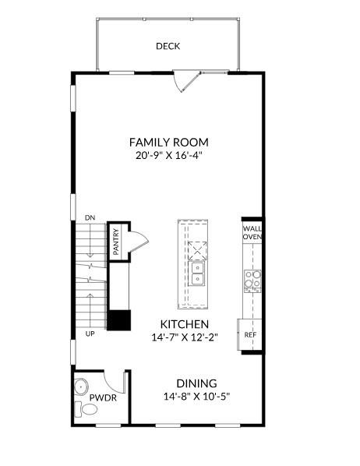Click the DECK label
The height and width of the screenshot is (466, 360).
[x=168, y=47]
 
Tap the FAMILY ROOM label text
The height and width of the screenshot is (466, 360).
[x=169, y=143]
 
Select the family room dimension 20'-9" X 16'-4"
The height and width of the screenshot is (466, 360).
[x=169, y=156]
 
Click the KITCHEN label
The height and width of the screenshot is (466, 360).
[x=184, y=324]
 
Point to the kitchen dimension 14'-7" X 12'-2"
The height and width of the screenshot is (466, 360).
[x=184, y=338]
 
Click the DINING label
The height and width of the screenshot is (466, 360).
[x=196, y=383]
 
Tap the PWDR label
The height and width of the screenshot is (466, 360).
[x=102, y=397]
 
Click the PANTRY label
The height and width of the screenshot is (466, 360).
[x=115, y=241]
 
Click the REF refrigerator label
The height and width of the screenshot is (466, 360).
[x=250, y=334]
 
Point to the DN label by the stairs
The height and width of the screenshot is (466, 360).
[x=90, y=218]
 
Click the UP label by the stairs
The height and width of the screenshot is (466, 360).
[x=90, y=334]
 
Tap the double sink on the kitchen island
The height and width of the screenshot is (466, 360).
[x=198, y=274]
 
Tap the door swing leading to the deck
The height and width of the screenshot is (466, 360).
[x=185, y=79]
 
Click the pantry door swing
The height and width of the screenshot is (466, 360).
[x=134, y=240]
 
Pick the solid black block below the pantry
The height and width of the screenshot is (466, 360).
[x=118, y=320]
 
